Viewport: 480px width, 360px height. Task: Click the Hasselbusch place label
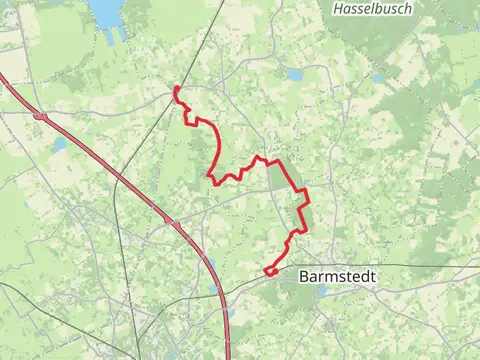pyautogui.click(x=371, y=8)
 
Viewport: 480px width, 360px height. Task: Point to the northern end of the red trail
pyautogui.click(x=176, y=88)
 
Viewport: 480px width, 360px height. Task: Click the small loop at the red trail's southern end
pyautogui.click(x=270, y=270)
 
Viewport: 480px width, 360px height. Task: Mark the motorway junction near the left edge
pyautogui.click(x=40, y=117)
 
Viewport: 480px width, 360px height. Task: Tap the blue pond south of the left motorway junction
pyautogui.click(x=60, y=144)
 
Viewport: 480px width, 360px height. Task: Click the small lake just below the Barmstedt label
pyautogui.click(x=322, y=291)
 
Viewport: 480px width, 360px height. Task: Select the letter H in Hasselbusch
pyautogui.click(x=336, y=8)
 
